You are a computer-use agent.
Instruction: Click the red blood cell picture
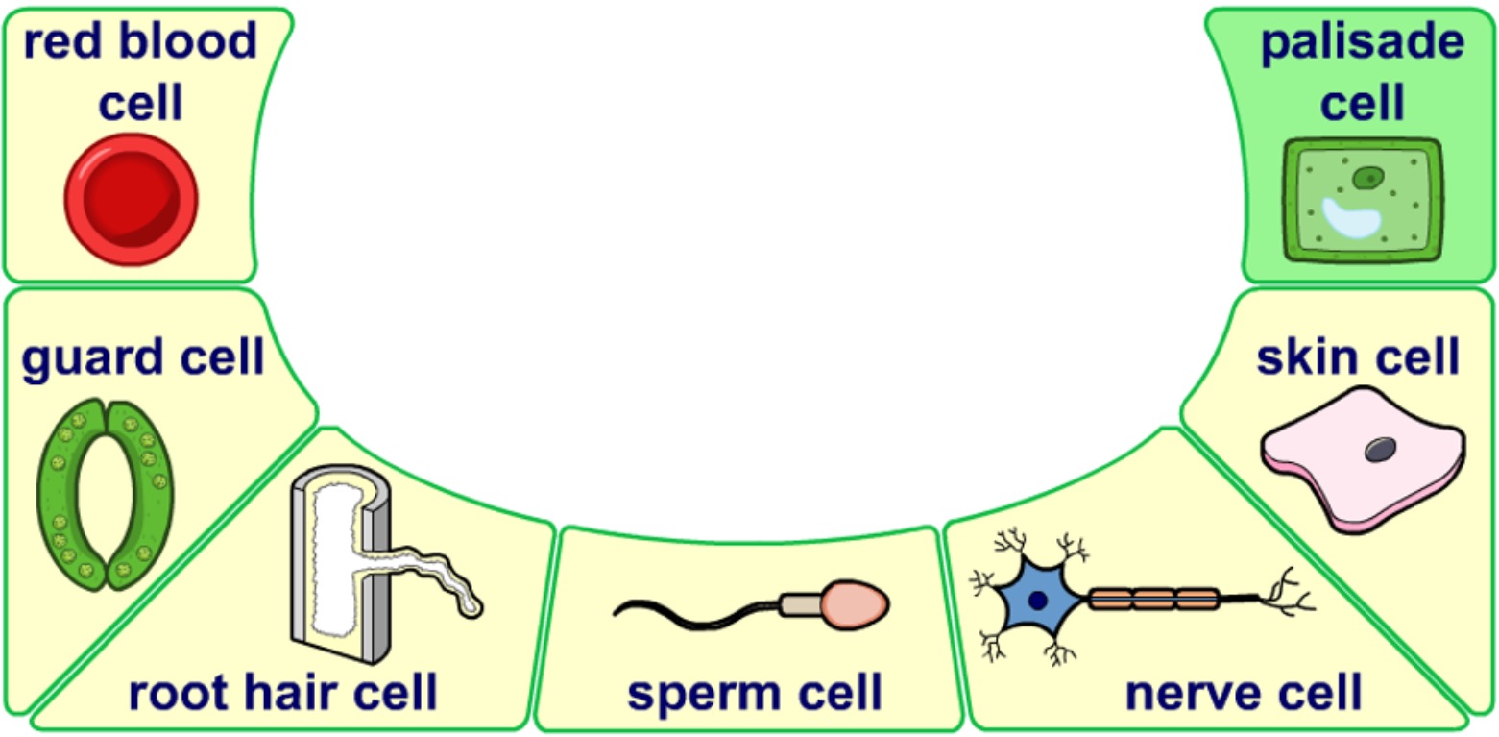pyautogui.click(x=131, y=200)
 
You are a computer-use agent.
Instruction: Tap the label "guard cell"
pyautogui.click(x=143, y=359)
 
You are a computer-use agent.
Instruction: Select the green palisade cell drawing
pyautogui.click(x=1364, y=201)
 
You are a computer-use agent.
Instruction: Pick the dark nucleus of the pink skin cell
pyautogui.click(x=1383, y=449)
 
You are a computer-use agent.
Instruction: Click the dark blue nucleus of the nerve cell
pyautogui.click(x=1037, y=602)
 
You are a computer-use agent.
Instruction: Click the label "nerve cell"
pyautogui.click(x=1244, y=693)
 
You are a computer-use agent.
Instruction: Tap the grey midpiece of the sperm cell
pyautogui.click(x=798, y=604)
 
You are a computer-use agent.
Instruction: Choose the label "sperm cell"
pyautogui.click(x=754, y=693)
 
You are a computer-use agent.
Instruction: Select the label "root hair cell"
pyautogui.click(x=282, y=693)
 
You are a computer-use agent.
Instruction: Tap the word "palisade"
pyautogui.click(x=1363, y=43)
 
